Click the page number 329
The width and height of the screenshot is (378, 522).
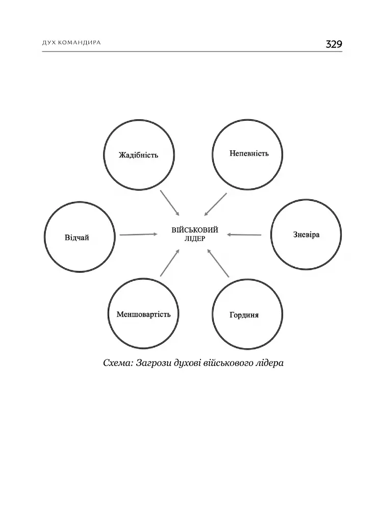tap(334, 44)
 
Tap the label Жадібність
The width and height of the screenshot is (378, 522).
tap(139, 155)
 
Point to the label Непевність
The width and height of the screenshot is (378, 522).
tap(249, 153)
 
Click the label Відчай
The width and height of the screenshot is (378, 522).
tap(77, 238)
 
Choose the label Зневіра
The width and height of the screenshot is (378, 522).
tap(306, 234)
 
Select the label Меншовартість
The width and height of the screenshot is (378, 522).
tap(143, 314)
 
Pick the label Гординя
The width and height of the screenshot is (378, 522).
tap(244, 315)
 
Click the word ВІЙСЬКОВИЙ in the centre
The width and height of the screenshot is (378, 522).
tap(195, 230)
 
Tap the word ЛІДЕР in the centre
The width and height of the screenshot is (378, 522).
tap(195, 239)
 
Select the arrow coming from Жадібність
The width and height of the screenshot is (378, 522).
tap(170, 203)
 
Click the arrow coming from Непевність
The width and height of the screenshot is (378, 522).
tap(215, 204)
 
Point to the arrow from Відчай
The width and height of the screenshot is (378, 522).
tap(139, 234)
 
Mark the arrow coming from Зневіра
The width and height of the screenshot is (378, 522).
tap(244, 234)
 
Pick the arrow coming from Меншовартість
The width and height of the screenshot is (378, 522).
tap(170, 263)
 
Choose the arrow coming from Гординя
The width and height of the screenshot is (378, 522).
tap(218, 263)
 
